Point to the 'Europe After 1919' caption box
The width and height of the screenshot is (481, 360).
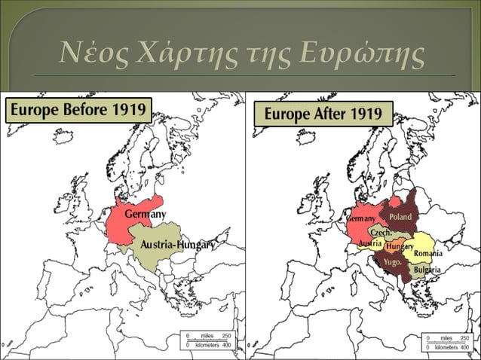point(323,115)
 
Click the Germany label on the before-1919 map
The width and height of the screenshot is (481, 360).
point(145,215)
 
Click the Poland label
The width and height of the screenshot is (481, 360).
point(400,217)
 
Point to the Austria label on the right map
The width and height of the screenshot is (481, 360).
point(369,244)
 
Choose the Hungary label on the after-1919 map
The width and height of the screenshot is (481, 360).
point(399,246)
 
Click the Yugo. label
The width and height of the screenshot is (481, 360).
point(392,262)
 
